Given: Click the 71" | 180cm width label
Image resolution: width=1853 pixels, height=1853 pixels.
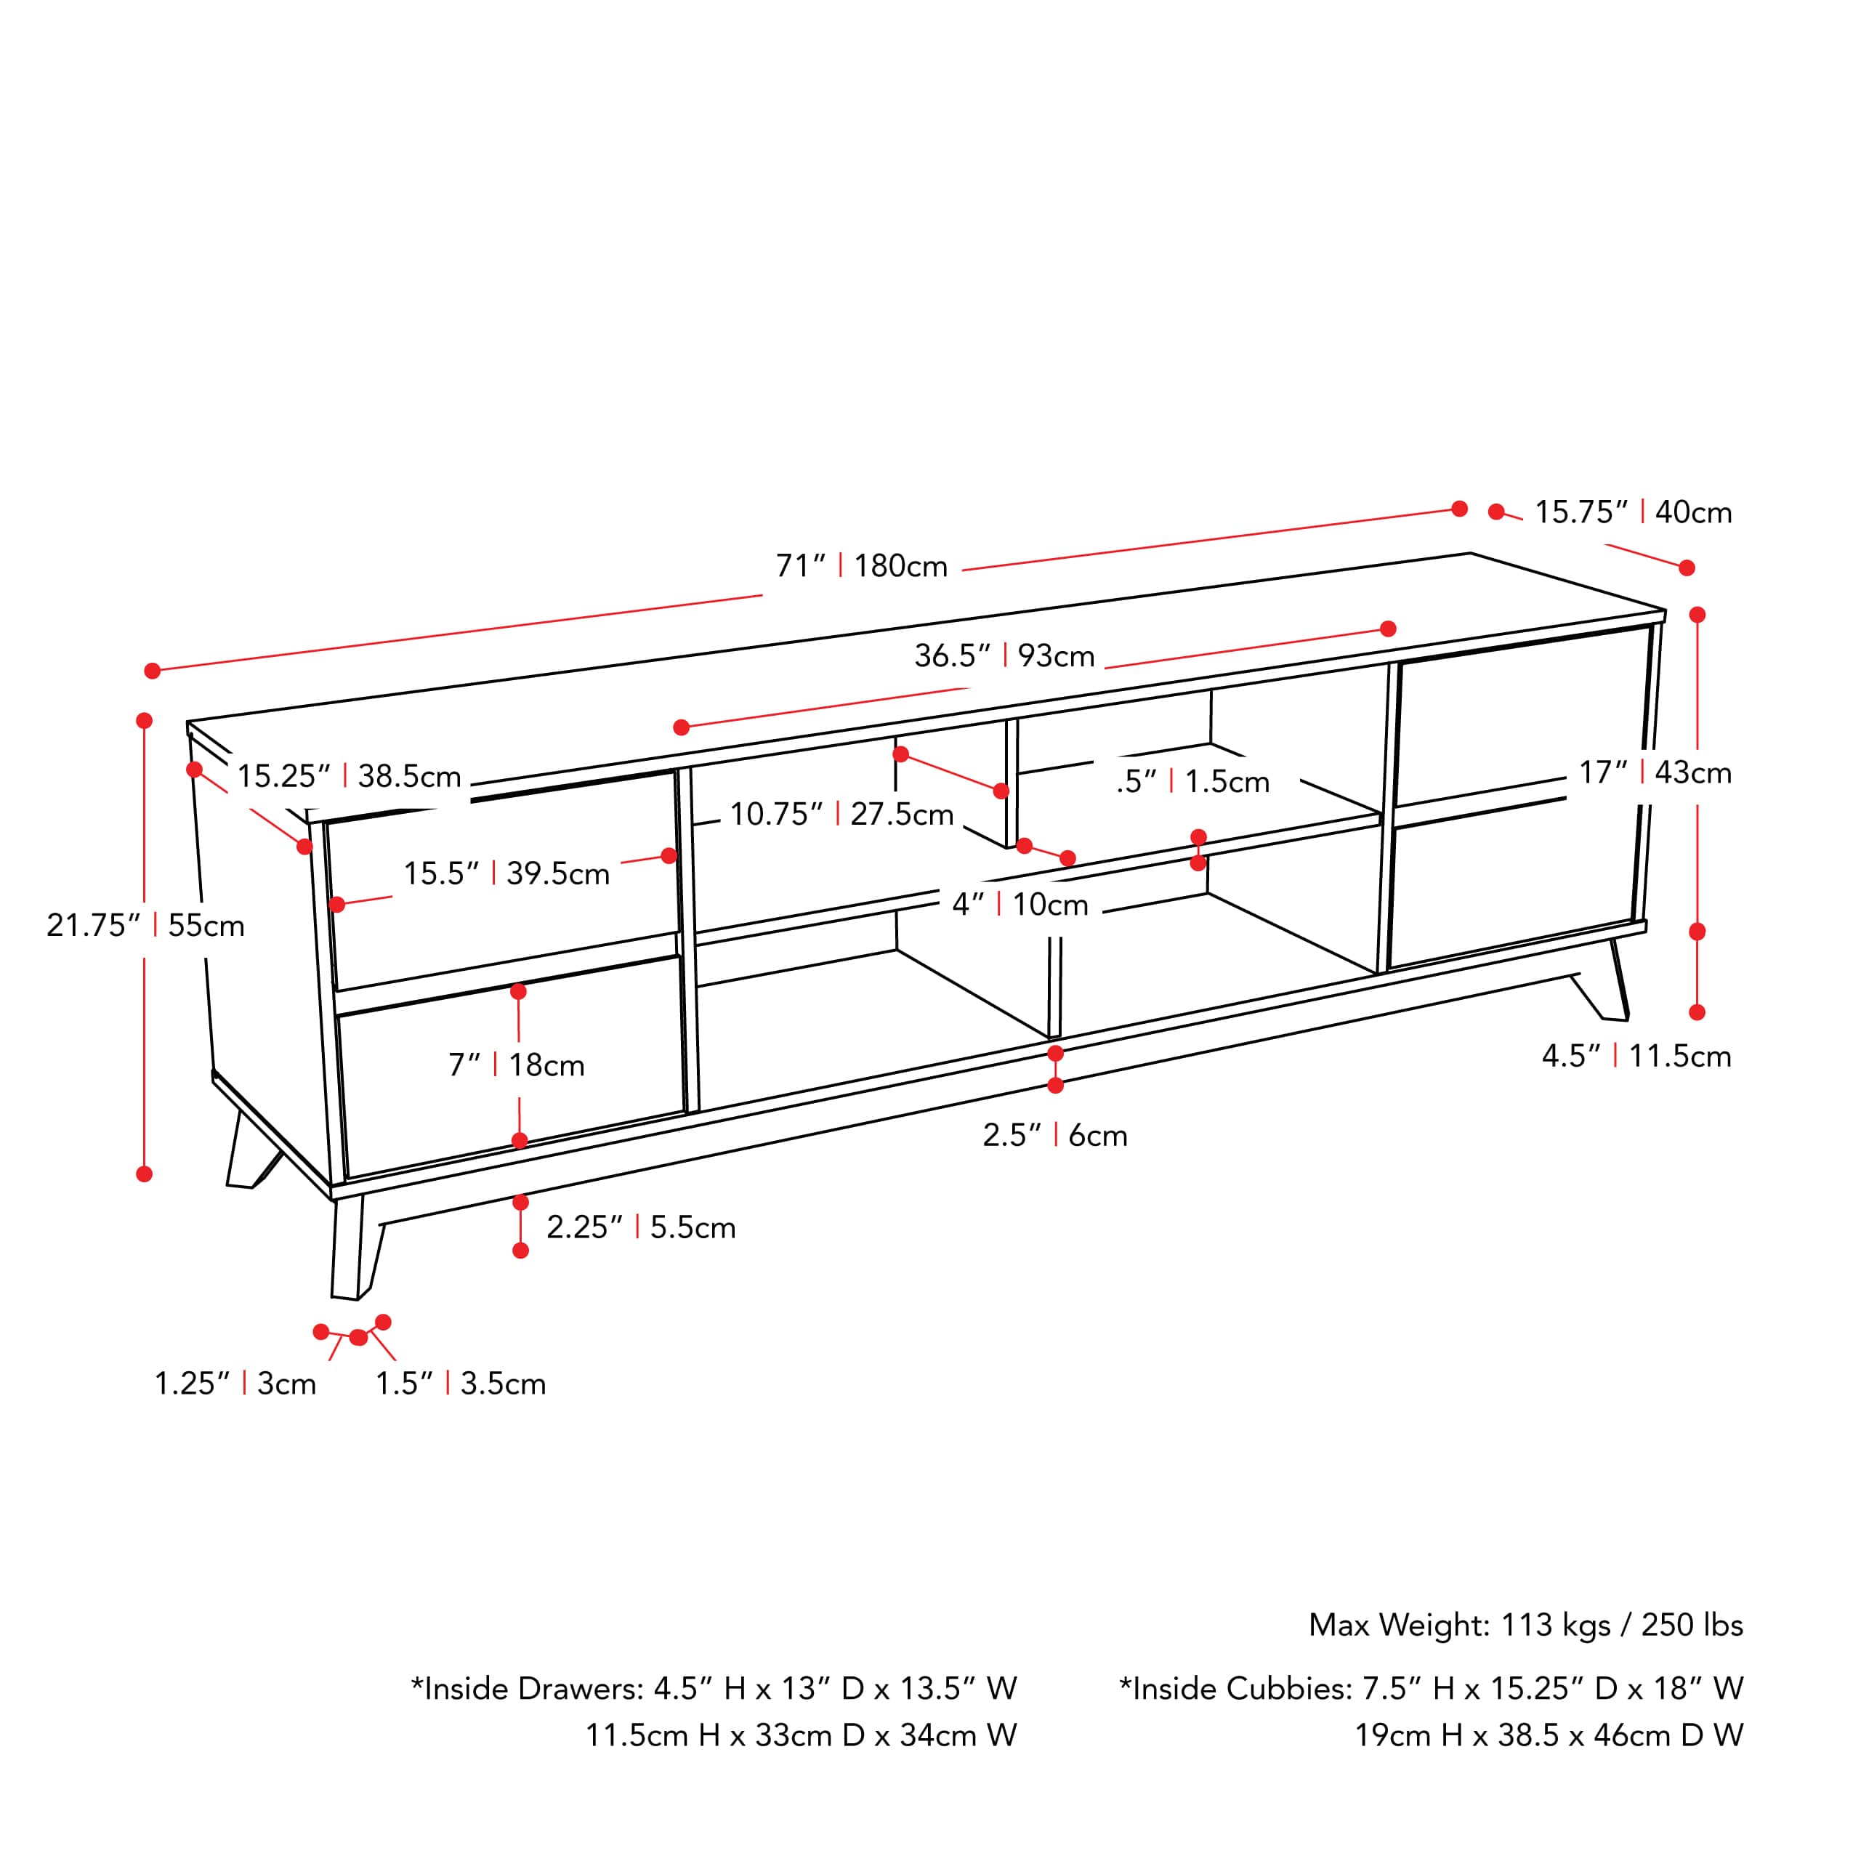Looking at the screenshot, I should [861, 566].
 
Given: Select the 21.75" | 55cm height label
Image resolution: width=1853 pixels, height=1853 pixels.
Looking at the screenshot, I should [146, 926].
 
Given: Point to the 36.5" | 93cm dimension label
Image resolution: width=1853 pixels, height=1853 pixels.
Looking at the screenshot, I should [1004, 656].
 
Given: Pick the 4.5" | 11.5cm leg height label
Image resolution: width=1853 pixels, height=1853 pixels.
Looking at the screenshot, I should [1636, 1056].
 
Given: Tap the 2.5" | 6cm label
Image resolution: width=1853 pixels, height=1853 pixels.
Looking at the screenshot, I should [1054, 1136].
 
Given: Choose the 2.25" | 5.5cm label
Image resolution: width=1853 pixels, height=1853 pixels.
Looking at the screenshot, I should [641, 1227].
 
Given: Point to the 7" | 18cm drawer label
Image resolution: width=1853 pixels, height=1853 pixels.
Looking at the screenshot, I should [516, 1065].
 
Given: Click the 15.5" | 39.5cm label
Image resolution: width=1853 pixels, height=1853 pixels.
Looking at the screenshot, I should [506, 873].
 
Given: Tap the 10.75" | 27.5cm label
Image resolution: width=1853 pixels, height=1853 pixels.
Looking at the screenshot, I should [841, 815].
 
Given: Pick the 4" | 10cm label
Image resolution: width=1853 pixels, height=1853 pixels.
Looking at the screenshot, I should [1020, 905].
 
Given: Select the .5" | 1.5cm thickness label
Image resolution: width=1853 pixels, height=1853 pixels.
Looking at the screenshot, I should [1192, 782].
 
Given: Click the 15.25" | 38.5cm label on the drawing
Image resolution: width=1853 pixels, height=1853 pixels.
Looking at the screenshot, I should [349, 776].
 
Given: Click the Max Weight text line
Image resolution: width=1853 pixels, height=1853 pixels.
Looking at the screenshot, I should [1525, 1625].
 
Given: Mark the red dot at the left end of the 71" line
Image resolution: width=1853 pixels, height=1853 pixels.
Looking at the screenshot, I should [153, 671].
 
